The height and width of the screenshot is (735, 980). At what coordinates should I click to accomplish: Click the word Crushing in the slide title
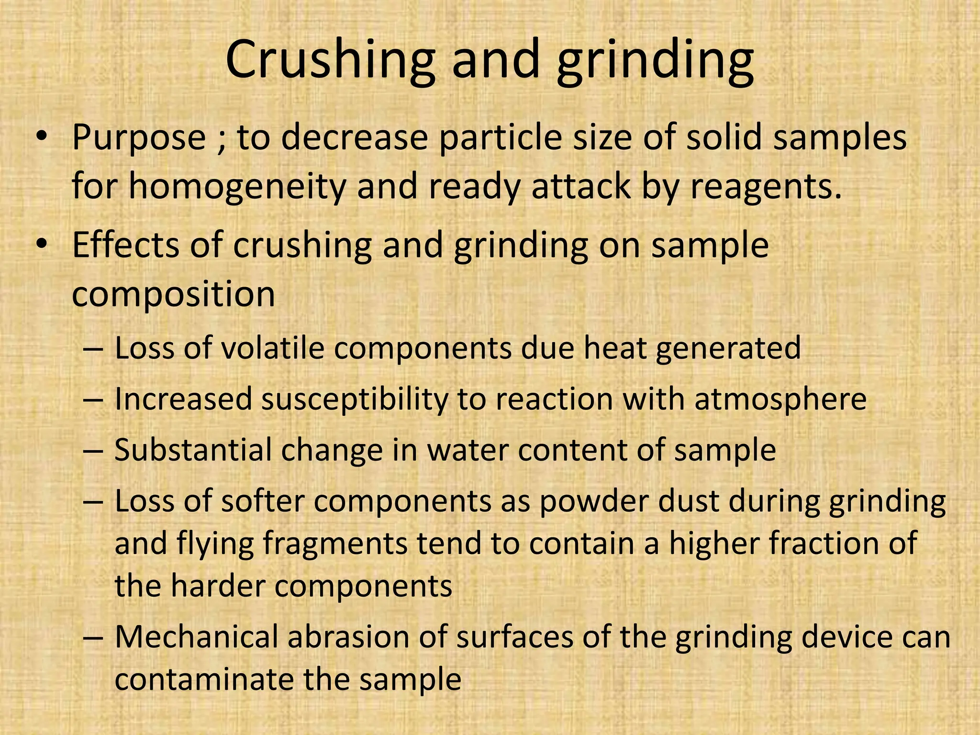[x=330, y=60]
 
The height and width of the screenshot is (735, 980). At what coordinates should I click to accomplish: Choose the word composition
[x=173, y=294]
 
